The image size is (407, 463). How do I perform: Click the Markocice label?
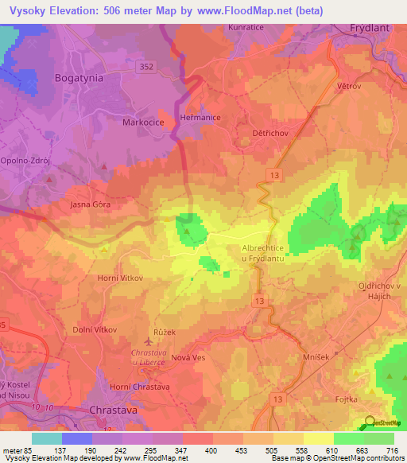point(143,123)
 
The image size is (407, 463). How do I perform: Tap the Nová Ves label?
point(188,358)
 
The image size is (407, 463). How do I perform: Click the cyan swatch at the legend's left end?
point(46,438)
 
